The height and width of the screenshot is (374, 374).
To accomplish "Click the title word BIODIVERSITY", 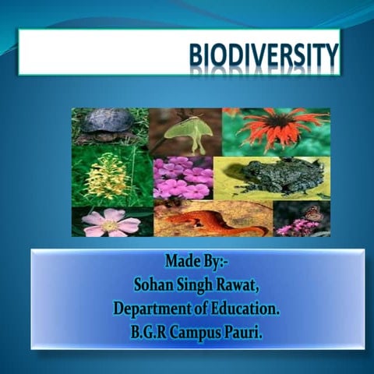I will (x=264, y=57).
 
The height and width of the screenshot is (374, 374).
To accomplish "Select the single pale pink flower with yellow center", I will (x=111, y=222).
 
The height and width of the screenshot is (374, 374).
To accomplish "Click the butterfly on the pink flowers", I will (x=312, y=213).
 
